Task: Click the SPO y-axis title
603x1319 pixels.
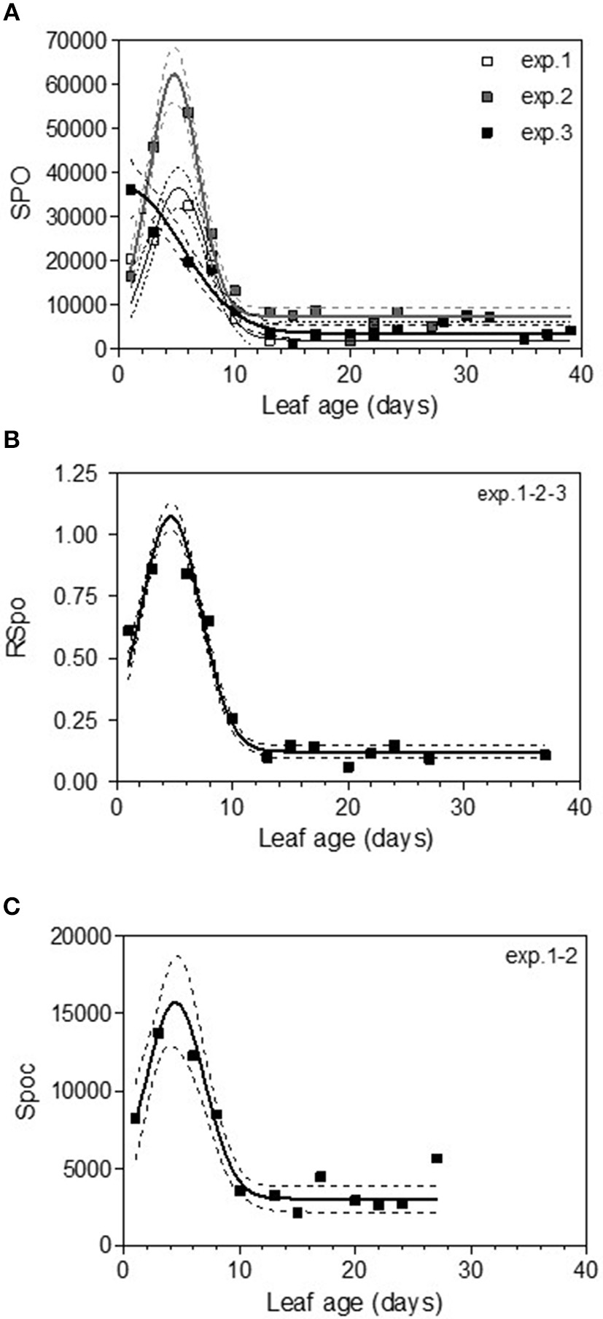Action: [20, 194]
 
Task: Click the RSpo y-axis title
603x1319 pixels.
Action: [20, 627]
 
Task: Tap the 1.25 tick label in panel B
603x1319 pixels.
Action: [86, 473]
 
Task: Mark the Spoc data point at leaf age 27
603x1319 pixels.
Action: [437, 1159]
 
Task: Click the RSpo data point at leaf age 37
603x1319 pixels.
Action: [545, 755]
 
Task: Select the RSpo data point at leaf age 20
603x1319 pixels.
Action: [349, 767]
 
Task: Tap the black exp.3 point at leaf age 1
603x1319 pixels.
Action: [131, 190]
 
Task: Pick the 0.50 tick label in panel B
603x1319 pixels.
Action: [86, 659]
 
